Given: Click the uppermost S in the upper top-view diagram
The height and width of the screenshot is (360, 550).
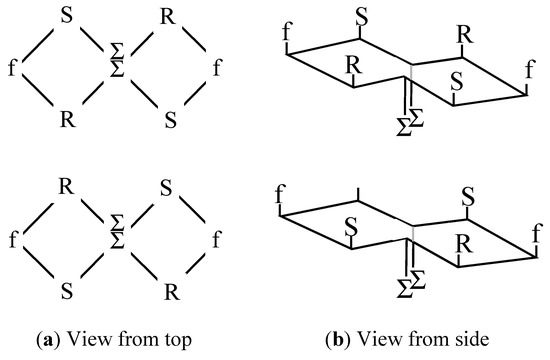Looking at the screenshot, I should [66, 17].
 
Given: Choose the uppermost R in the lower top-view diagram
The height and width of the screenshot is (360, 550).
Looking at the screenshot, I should [66, 186].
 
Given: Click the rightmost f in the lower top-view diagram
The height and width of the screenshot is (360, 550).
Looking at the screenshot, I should [217, 240].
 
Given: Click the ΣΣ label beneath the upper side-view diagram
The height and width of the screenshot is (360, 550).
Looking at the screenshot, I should [409, 121].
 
